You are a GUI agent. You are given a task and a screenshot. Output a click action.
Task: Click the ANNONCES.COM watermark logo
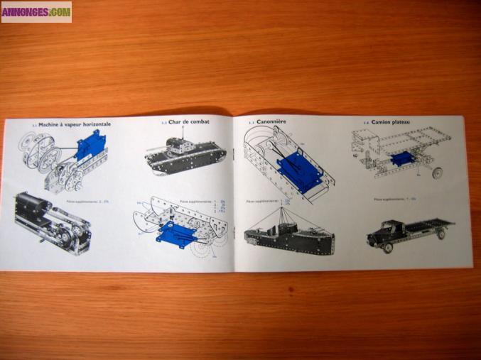pos(36,11)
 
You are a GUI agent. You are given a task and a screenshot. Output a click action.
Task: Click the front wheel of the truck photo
pos(388,248)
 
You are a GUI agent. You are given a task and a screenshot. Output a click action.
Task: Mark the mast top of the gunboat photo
pos(286,202)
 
